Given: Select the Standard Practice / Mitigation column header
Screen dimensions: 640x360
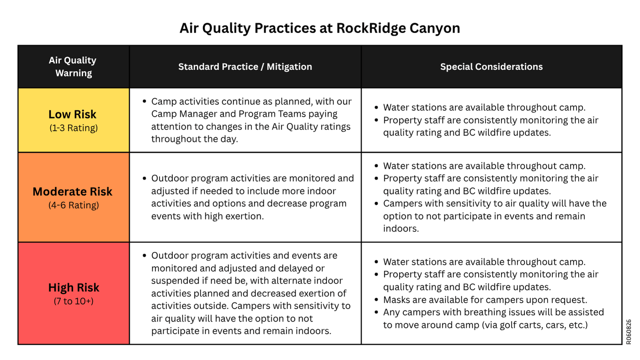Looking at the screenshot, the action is pos(245,67).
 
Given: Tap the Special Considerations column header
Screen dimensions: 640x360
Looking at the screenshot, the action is pos(491,67).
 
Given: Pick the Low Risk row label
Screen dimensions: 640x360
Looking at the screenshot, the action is pos(72,114).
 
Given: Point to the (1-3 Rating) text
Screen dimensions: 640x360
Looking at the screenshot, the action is pos(74,128).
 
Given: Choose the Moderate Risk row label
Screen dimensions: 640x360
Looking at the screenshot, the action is pos(73,192).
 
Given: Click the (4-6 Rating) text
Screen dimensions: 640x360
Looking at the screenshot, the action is pos(74,205).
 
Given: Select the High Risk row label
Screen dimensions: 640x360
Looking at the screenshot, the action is pos(74,288).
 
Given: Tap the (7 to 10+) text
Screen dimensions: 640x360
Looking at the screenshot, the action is pos(74,301).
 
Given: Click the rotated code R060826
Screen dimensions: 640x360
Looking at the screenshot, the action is pos(628,332).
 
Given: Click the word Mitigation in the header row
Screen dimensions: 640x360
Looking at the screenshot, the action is pos(289,67).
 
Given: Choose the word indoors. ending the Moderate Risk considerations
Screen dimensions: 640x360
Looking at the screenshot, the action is pos(401,228).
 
